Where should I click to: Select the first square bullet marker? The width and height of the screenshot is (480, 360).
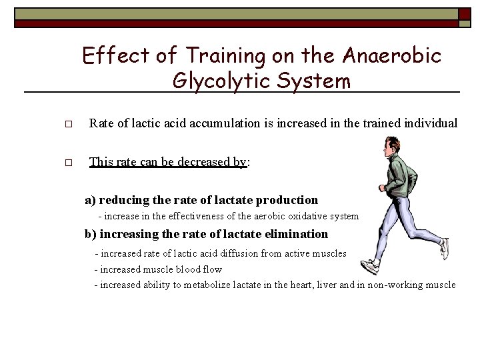click(68, 125)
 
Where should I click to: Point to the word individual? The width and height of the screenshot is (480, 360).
click(431, 123)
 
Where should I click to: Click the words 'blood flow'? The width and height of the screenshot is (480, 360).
click(199, 269)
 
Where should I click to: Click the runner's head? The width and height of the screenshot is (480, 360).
click(392, 146)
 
